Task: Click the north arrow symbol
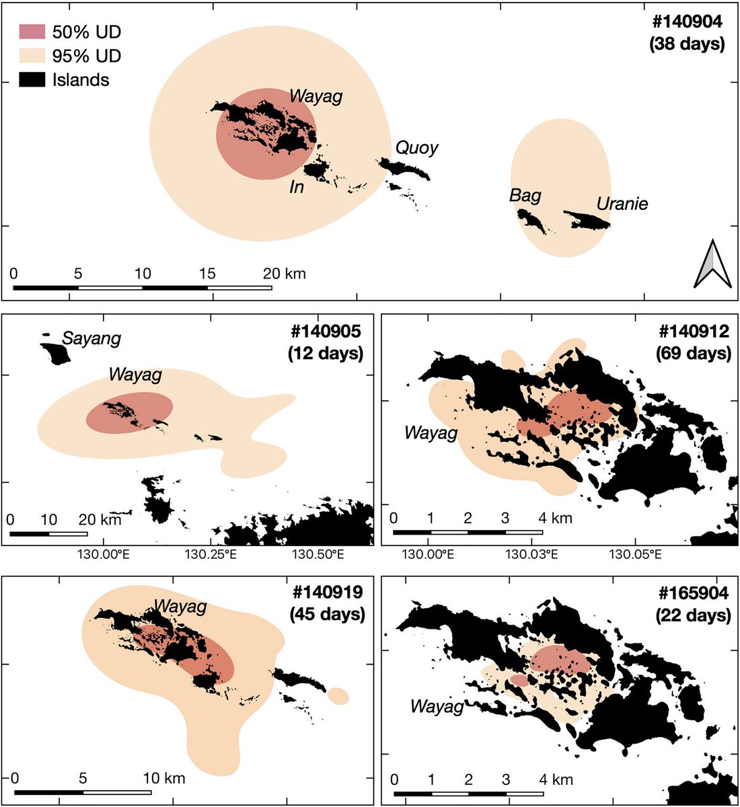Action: (x=713, y=264)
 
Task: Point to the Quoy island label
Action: (x=416, y=147)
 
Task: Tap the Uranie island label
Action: (x=622, y=203)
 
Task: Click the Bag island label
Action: (x=525, y=195)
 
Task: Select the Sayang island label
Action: (x=91, y=338)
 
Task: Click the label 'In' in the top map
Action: (x=297, y=187)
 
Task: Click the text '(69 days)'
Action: (x=693, y=353)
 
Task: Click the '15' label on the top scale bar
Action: (x=207, y=273)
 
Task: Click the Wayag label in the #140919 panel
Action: (x=180, y=607)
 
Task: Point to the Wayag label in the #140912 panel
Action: (x=431, y=432)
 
